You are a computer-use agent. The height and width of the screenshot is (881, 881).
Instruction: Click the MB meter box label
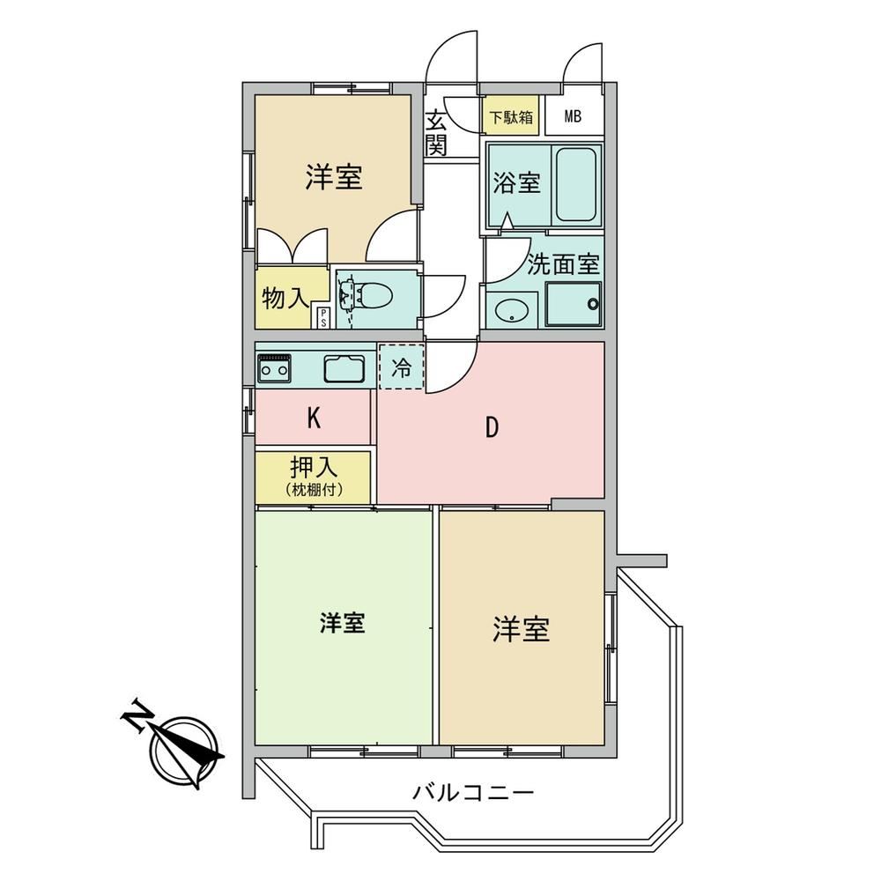pos(573,117)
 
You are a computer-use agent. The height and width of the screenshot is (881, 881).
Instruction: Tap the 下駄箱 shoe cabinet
pos(511,115)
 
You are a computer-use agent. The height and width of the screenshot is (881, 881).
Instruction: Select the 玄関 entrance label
pos(436,133)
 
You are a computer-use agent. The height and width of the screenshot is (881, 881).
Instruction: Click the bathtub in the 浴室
pos(576,184)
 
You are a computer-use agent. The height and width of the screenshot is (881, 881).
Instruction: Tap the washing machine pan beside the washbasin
pos(574,304)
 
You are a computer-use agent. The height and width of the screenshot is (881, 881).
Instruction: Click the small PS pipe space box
pos(323,317)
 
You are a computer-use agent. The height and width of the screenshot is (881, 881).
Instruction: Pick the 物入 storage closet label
pos(285,299)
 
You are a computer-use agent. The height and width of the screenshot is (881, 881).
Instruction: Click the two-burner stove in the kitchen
pos(274,368)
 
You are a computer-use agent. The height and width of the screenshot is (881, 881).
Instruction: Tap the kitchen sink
pos(344,368)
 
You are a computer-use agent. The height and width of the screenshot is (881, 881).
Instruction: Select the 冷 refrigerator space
pos(401,366)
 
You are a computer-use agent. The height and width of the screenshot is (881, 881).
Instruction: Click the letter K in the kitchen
pos(314,418)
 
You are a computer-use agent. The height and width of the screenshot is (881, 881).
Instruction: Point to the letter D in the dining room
pos(492,428)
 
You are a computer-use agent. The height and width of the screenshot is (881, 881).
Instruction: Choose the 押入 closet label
pos(314,468)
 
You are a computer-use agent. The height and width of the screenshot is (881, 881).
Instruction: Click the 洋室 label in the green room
pos(343,623)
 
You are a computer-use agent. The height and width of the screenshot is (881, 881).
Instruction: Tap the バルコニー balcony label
pos(473,793)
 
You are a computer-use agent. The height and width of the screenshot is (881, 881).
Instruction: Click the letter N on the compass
pos(137,714)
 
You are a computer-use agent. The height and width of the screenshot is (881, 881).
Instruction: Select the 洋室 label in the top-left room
pos(334,176)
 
